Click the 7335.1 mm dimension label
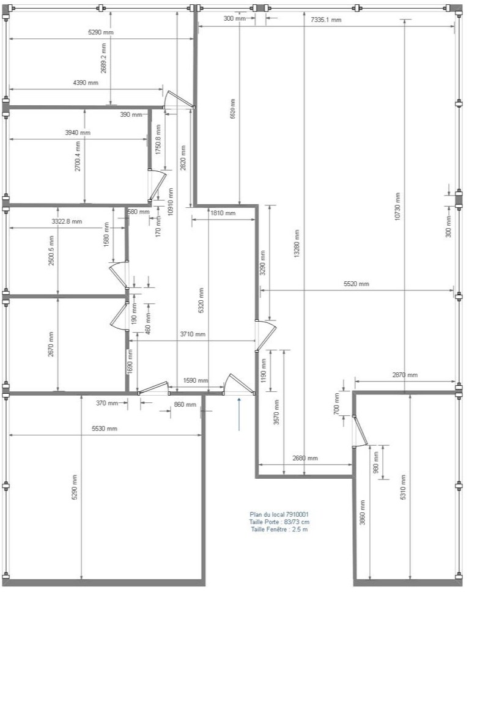[x=325, y=20]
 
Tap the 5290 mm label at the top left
[x=101, y=32]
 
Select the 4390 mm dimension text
[x=86, y=83]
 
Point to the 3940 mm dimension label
[x=78, y=133]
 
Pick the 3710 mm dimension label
[x=193, y=334]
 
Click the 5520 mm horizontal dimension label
[x=356, y=284]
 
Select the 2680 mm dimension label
[x=305, y=458]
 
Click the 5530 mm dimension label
[x=105, y=429]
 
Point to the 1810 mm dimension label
[x=223, y=213]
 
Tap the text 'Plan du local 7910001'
[x=279, y=515]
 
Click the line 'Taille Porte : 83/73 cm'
[x=279, y=522]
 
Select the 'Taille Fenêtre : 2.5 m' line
[x=279, y=530]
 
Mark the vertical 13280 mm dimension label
[x=297, y=244]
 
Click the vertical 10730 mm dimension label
[x=398, y=206]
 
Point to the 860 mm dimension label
[x=185, y=405]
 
